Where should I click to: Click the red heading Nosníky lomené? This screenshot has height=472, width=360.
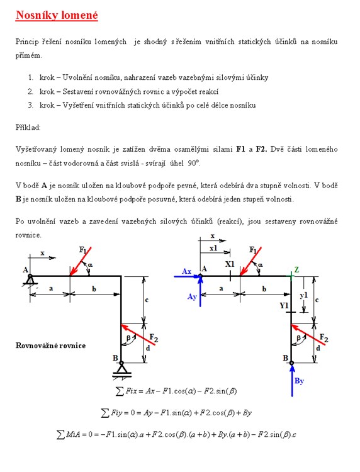click(x=57, y=15)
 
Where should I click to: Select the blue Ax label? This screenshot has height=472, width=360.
click(x=187, y=271)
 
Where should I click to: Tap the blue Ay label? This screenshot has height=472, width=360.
click(x=192, y=297)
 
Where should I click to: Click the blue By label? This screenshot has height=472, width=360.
click(x=299, y=381)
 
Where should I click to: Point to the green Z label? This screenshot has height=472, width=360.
click(x=297, y=269)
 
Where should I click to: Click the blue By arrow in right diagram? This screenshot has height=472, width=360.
click(x=292, y=381)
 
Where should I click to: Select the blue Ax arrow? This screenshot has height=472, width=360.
click(x=188, y=276)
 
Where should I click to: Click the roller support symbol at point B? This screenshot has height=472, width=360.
click(x=121, y=369)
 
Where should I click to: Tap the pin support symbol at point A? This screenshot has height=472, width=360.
click(x=30, y=280)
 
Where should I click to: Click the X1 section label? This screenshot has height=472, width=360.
click(x=230, y=264)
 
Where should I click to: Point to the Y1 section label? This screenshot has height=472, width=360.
click(x=284, y=305)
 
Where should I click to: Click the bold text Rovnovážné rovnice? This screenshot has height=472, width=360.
click(x=50, y=346)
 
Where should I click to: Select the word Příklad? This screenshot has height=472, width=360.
click(x=28, y=128)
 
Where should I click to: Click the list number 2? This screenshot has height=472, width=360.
click(x=30, y=91)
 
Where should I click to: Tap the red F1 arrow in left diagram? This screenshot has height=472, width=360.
click(x=81, y=261)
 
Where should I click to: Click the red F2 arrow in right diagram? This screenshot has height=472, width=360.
click(x=308, y=334)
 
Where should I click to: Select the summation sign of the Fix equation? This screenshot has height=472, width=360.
click(x=120, y=391)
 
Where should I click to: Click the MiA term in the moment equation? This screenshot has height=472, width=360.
click(x=72, y=434)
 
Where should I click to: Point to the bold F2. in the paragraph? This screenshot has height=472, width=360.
click(x=261, y=149)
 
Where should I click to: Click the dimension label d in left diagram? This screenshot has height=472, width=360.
click(x=148, y=348)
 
